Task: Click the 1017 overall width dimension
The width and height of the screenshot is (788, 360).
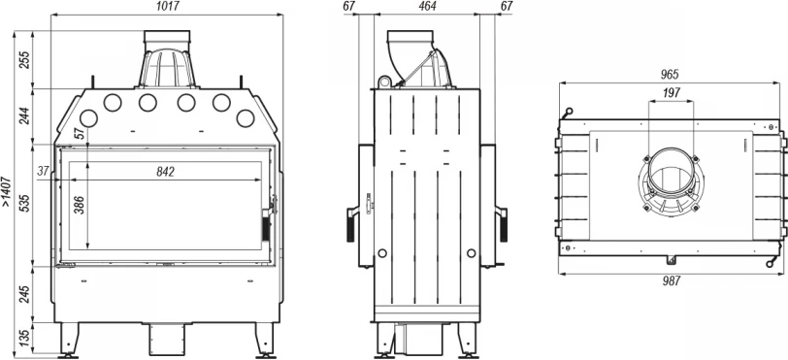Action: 167,6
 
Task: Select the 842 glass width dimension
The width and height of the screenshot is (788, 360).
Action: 165,172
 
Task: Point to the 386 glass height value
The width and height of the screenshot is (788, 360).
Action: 79,205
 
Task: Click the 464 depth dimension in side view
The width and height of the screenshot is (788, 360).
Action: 427,6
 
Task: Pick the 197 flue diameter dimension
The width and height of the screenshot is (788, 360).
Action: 671,92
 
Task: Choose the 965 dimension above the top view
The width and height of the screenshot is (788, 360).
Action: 670,75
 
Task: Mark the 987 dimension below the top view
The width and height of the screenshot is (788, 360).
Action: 671,281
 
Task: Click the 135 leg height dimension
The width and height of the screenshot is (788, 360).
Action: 24,340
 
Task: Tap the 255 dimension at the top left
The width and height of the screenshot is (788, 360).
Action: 24,59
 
